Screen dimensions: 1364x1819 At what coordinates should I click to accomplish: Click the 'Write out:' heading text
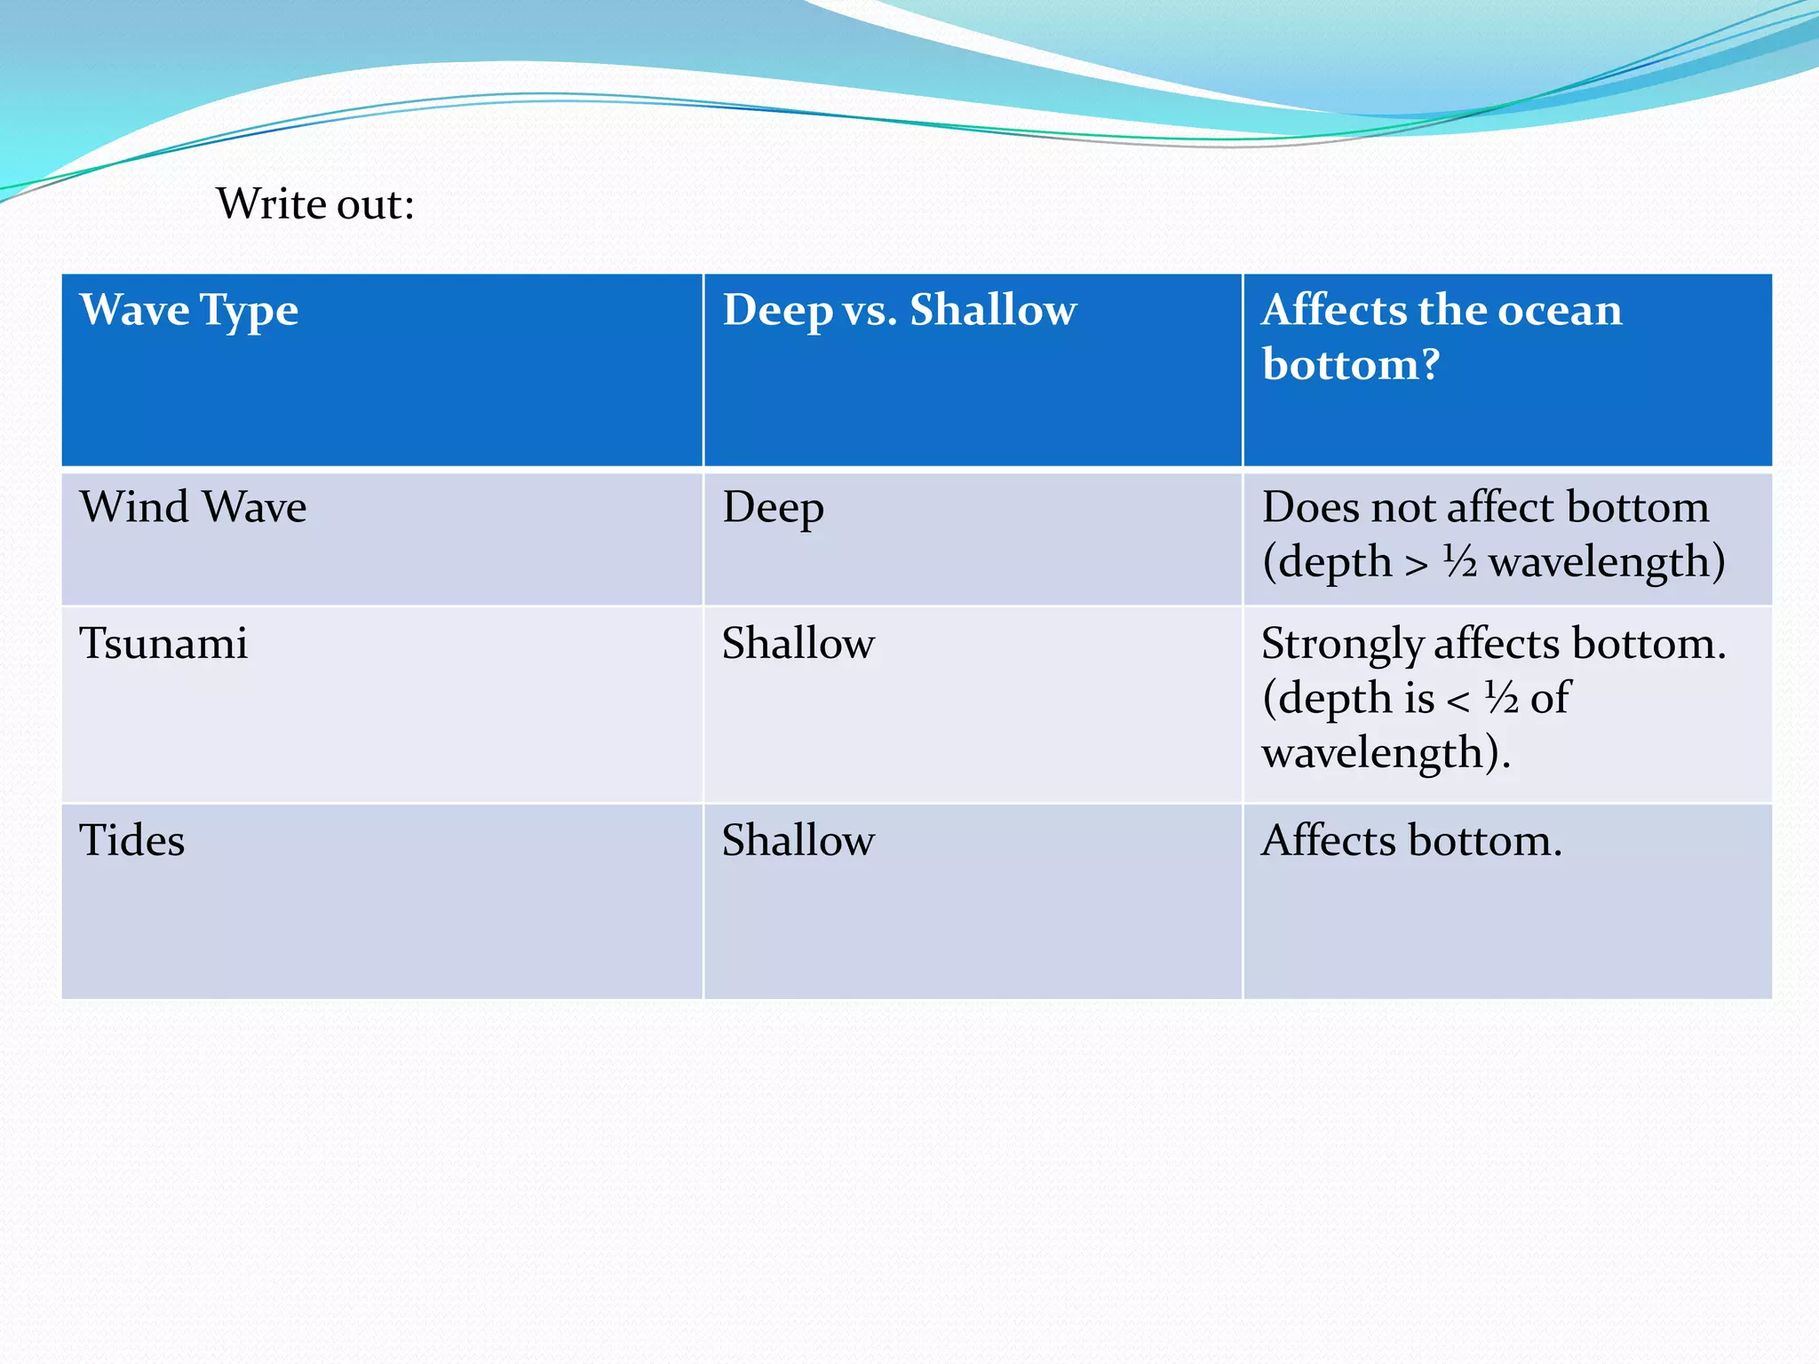(315, 204)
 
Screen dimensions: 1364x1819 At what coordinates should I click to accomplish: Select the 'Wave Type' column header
(189, 311)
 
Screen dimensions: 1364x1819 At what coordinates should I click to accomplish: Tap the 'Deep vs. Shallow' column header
(899, 311)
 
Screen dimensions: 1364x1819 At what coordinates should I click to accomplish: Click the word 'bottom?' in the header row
(1350, 365)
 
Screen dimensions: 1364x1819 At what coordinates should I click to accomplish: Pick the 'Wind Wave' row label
(193, 508)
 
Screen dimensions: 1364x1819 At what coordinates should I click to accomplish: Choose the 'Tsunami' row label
(163, 644)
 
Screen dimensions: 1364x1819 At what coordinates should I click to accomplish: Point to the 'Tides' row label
(132, 841)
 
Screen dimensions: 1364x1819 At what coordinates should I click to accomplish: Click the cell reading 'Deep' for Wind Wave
(773, 509)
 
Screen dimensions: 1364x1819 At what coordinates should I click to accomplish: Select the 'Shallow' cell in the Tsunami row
(798, 644)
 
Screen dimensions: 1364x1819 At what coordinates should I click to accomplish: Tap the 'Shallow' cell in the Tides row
(798, 841)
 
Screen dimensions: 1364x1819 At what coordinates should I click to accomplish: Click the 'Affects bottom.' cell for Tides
(1411, 841)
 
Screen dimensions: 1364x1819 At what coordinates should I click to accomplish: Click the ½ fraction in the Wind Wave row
(1459, 562)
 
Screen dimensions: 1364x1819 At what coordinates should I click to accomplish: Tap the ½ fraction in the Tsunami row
(1502, 698)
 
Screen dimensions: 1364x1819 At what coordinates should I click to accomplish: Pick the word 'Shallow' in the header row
(993, 311)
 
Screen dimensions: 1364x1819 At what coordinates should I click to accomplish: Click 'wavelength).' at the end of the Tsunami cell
(1386, 754)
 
